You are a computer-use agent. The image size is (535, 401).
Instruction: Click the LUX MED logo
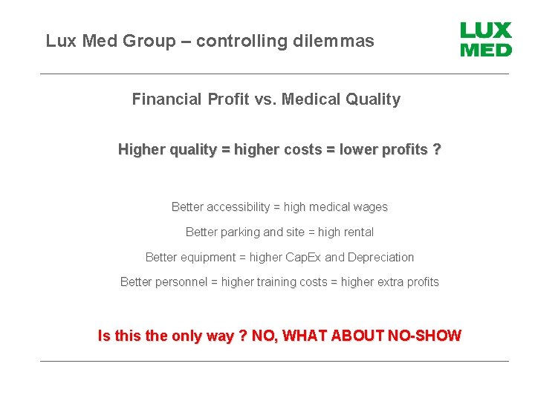pyautogui.click(x=486, y=40)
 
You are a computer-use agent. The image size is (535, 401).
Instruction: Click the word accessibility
pyautogui.click(x=238, y=207)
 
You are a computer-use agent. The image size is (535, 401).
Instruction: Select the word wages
pyautogui.click(x=371, y=207)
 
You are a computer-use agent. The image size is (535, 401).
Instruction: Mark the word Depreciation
pyautogui.click(x=380, y=258)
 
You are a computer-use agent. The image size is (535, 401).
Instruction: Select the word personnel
pyautogui.click(x=182, y=282)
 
